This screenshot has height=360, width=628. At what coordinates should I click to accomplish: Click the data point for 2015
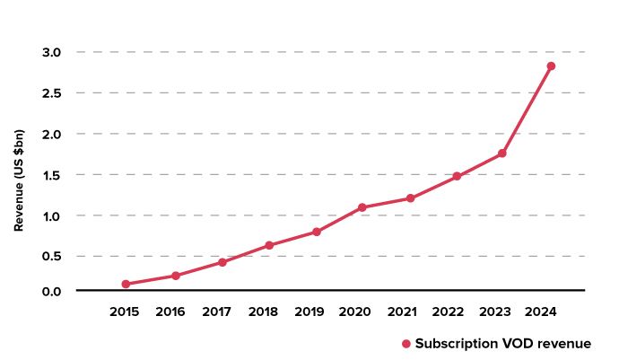(x=126, y=284)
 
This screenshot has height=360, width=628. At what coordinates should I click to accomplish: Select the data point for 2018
(x=269, y=245)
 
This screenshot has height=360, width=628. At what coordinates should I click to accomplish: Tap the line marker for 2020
(x=362, y=207)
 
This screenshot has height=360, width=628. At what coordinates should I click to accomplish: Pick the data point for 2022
(x=457, y=176)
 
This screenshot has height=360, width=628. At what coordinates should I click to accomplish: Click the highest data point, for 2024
(x=551, y=66)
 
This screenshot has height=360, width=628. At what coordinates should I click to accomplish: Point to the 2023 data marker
(x=502, y=154)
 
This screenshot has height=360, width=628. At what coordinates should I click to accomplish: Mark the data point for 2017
(x=222, y=262)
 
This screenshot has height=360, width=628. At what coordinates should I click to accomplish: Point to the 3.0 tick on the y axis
(x=50, y=52)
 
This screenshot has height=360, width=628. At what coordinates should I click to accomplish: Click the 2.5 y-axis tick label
(x=50, y=93)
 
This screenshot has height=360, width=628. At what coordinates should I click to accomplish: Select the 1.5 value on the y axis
(x=50, y=175)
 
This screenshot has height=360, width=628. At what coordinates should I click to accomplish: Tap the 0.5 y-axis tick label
(x=50, y=256)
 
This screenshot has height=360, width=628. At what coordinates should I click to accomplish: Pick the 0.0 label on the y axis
(x=50, y=291)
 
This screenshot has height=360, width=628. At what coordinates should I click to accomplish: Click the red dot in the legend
(x=406, y=344)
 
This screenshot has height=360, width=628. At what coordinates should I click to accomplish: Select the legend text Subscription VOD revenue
(x=502, y=344)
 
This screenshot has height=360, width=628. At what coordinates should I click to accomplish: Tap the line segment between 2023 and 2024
(x=527, y=110)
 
